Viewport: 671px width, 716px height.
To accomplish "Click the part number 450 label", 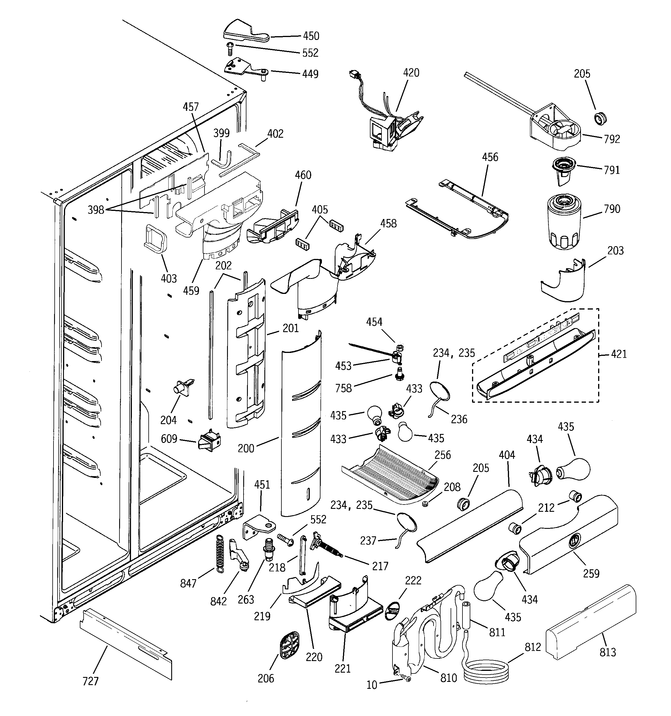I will [x=311, y=36].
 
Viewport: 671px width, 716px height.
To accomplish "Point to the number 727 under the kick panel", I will [x=91, y=681].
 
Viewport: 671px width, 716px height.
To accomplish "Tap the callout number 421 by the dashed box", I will [x=619, y=354].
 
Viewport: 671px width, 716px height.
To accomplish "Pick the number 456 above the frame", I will [x=490, y=157].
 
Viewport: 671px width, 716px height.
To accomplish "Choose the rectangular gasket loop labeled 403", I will [x=156, y=239].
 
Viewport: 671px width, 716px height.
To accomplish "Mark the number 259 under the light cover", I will [x=591, y=573].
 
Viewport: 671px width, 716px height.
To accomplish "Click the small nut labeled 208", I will [x=425, y=503].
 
